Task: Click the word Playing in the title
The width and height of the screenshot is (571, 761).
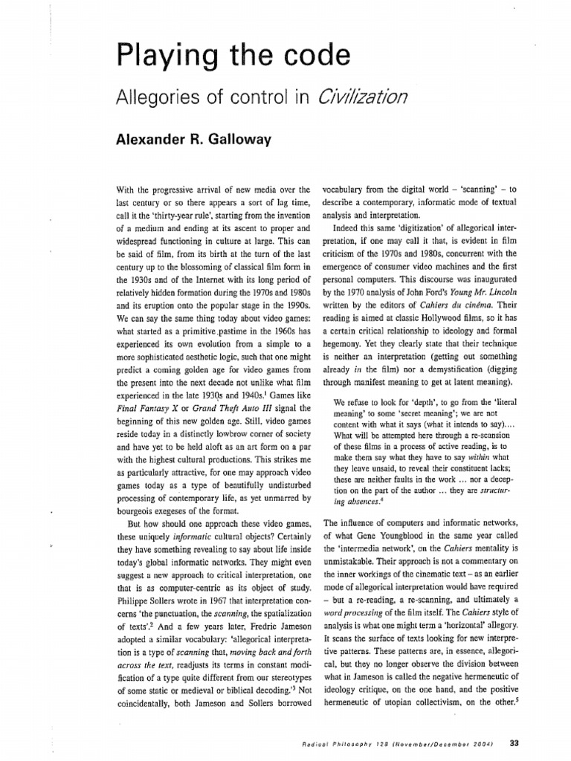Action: pyautogui.click(x=152, y=58)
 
